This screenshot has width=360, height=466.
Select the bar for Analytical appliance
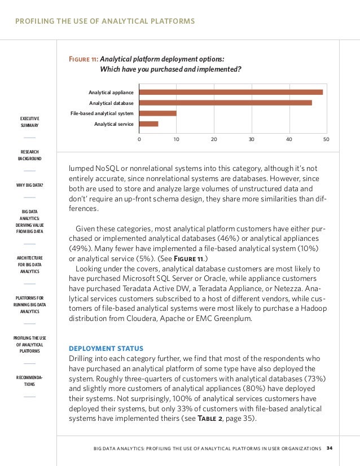pos(231,92)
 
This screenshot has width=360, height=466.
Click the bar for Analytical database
pos(225,103)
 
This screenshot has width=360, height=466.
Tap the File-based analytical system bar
pos(157,113)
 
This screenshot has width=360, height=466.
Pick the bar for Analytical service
pos(148,124)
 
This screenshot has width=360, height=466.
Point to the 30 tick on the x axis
pos(251,139)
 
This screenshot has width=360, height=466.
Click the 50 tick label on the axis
pos(326,139)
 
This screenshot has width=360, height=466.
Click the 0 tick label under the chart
pos(139,139)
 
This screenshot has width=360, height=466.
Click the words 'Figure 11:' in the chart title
pos(82,58)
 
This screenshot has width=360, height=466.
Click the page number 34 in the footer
pos(330,449)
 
